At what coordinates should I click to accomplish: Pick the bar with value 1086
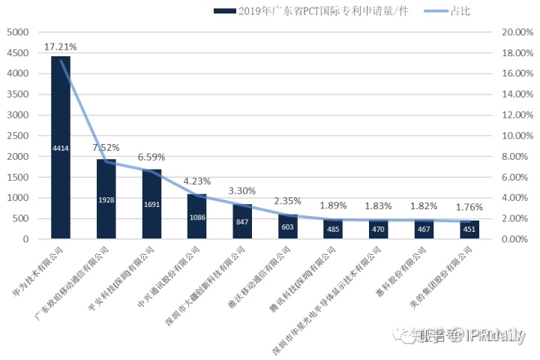click(196, 217)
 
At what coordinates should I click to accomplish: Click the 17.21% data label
click(61, 46)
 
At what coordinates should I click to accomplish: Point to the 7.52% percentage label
click(106, 148)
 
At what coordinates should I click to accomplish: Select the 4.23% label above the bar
click(196, 181)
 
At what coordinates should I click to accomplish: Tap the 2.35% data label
click(287, 200)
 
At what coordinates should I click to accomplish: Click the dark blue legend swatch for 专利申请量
click(223, 11)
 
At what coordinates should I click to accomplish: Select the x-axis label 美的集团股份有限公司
click(454, 274)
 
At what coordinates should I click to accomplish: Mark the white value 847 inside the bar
click(241, 223)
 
